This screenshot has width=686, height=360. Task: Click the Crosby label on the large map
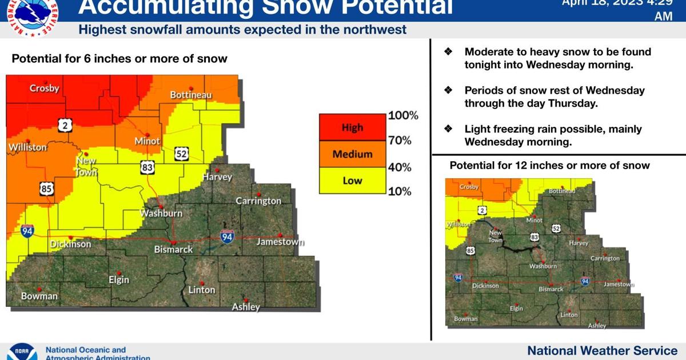pos(45,88)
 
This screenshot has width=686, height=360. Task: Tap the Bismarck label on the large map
pos(173,249)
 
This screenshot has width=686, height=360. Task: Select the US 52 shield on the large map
pos(182,153)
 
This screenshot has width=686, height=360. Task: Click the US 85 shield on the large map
pos(47,189)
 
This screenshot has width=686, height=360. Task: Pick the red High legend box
pos(352,127)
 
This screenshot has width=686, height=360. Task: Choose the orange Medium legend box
pos(352,154)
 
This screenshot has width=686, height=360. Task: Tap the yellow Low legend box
pos(352,181)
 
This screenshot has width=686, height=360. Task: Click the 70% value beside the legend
pos(400,141)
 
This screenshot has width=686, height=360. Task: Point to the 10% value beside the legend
pos(400,191)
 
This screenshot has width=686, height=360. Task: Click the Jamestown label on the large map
pos(280,242)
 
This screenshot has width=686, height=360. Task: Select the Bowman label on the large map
pos(39,296)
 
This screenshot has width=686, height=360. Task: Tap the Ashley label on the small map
pos(597,326)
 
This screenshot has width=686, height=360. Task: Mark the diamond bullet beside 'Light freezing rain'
pos(449,129)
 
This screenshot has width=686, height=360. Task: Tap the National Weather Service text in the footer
pos(602,350)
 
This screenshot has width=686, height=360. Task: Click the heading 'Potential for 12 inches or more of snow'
pos(549,165)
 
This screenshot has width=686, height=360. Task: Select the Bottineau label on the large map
pos(191,94)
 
